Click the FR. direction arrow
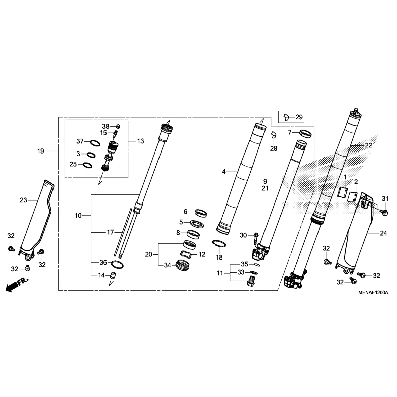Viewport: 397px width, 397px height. coord(16,285)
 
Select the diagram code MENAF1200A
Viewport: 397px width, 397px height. coord(373,292)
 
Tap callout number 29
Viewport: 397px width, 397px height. coord(299,117)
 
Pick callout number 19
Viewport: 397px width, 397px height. coord(40,151)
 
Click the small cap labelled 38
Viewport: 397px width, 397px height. coord(118,126)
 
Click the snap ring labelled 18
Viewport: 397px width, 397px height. coord(219,243)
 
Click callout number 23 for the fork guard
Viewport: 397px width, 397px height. coord(24,200)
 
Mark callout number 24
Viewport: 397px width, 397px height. coord(384,233)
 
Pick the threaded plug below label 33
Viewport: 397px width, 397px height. coord(250,281)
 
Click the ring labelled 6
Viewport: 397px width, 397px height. coord(201,213)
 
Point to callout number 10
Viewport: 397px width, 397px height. coord(78,216)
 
